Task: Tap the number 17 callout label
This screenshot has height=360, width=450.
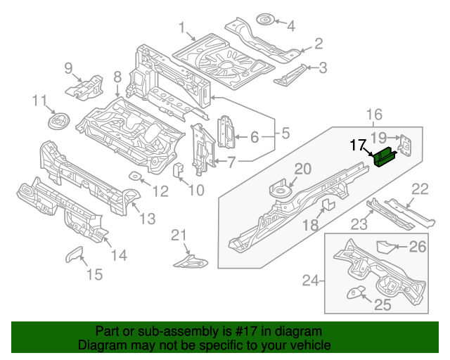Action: click(358, 146)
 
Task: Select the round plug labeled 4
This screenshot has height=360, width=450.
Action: click(266, 19)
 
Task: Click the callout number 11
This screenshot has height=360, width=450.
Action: click(39, 101)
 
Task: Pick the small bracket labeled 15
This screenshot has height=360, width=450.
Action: click(74, 255)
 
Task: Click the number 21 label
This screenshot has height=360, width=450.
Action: click(180, 234)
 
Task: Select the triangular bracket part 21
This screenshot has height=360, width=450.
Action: click(191, 261)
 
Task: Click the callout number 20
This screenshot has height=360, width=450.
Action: click(302, 168)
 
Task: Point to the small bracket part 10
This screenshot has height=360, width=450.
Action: click(179, 169)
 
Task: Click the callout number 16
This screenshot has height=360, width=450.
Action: click(373, 115)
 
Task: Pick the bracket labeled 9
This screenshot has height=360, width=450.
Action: click(84, 87)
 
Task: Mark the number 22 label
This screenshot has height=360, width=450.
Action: click(420, 188)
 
